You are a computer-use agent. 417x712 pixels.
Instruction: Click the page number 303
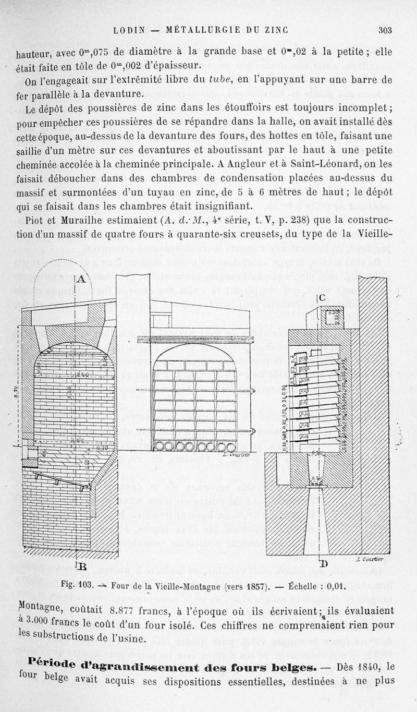coord(385,30)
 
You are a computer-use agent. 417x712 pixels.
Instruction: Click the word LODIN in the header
coord(128,30)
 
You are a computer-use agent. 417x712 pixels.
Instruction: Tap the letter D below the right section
coord(323,564)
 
